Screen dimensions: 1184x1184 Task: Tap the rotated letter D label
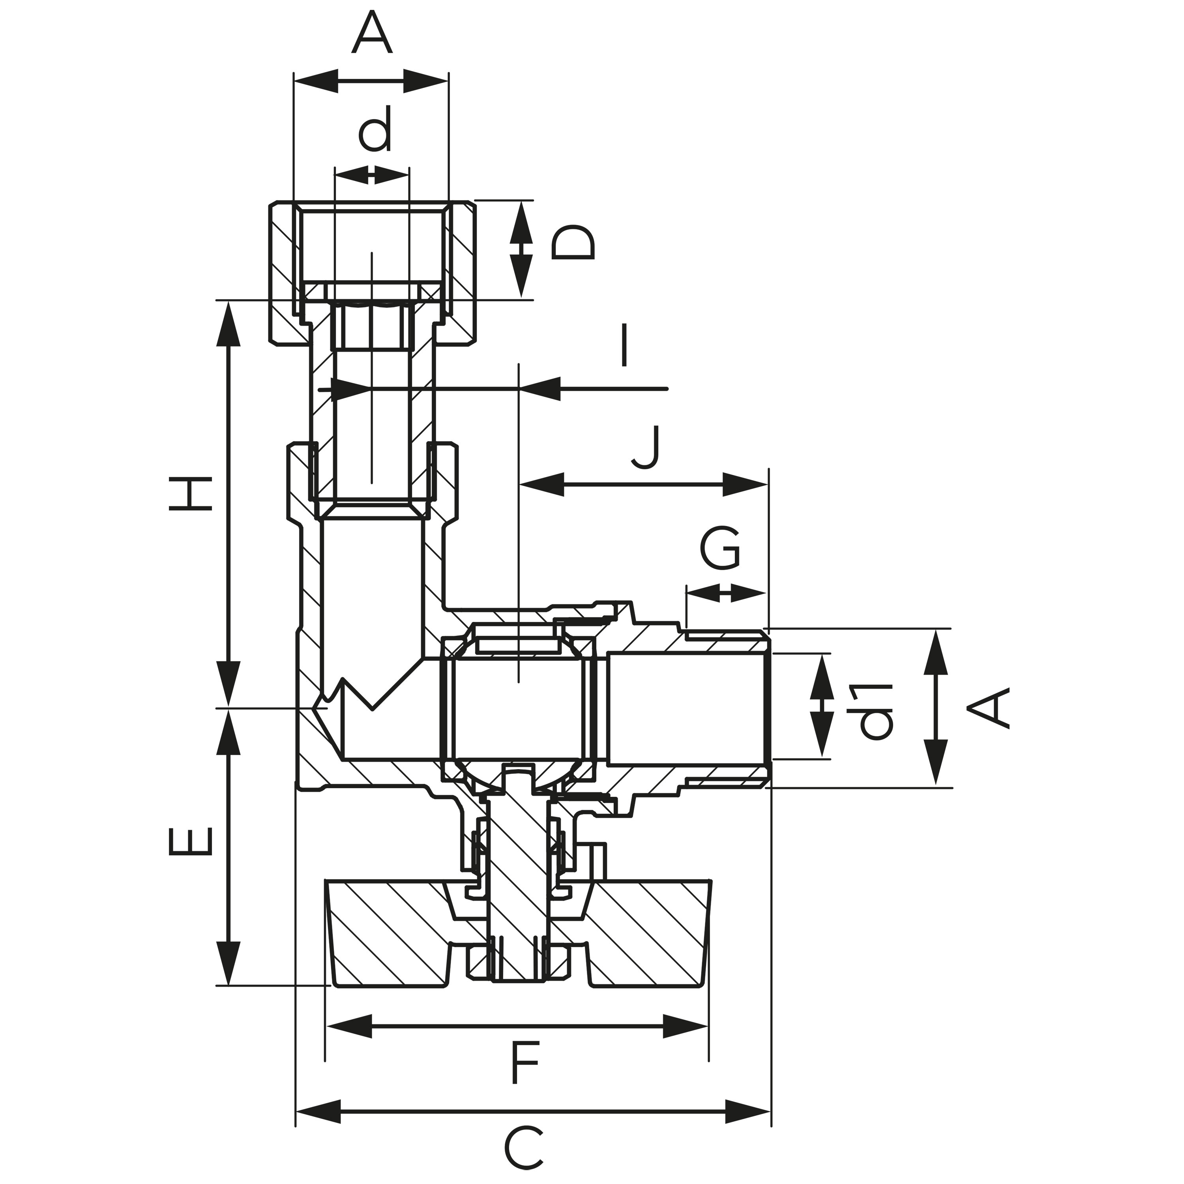click(572, 243)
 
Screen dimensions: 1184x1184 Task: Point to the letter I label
click(624, 346)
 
